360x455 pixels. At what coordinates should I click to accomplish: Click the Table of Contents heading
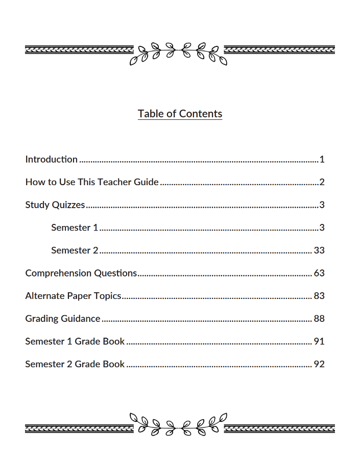pyautogui.click(x=180, y=114)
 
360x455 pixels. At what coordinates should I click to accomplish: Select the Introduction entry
pyautogui.click(x=51, y=160)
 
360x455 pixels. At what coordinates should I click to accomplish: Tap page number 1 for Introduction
pyautogui.click(x=322, y=160)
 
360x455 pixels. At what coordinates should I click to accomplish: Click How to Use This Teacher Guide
pyautogui.click(x=92, y=182)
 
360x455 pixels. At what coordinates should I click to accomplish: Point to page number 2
pyautogui.click(x=322, y=182)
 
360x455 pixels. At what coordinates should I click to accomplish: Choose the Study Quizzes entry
pyautogui.click(x=55, y=205)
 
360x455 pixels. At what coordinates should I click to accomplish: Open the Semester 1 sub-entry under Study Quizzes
pyautogui.click(x=75, y=227)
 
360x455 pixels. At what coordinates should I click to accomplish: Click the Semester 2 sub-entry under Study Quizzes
pyautogui.click(x=75, y=250)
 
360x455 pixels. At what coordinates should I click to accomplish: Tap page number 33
pyautogui.click(x=319, y=250)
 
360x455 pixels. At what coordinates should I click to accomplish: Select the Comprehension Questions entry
pyautogui.click(x=81, y=273)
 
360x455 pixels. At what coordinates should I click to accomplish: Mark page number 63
pyautogui.click(x=319, y=273)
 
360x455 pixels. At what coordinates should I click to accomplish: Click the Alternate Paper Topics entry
pyautogui.click(x=73, y=296)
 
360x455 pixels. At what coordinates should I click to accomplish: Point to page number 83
pyautogui.click(x=319, y=296)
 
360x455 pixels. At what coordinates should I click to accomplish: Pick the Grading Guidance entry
pyautogui.click(x=63, y=319)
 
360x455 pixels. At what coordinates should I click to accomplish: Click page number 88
pyautogui.click(x=319, y=319)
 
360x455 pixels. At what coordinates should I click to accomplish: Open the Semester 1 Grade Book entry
pyautogui.click(x=75, y=341)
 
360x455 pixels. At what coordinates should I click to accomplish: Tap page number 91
pyautogui.click(x=319, y=341)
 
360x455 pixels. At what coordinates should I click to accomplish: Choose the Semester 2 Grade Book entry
pyautogui.click(x=75, y=364)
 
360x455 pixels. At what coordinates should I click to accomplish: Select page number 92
pyautogui.click(x=319, y=364)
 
